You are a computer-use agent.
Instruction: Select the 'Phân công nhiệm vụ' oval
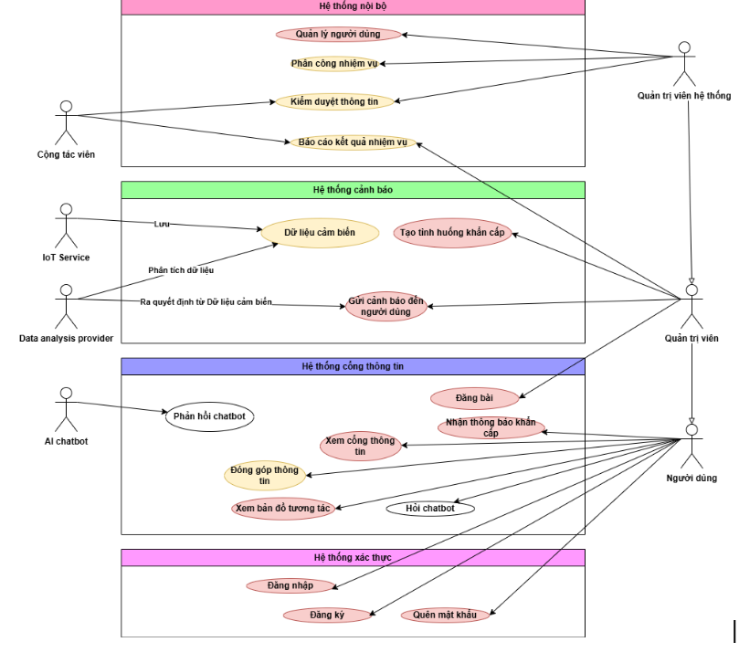pyautogui.click(x=333, y=64)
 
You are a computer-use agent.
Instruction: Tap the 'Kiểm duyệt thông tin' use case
pyautogui.click(x=334, y=101)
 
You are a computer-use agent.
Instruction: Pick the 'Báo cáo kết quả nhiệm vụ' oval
pyautogui.click(x=353, y=142)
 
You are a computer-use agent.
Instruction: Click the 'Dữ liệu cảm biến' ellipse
pyautogui.click(x=319, y=233)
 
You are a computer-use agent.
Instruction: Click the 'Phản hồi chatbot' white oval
pyautogui.click(x=208, y=416)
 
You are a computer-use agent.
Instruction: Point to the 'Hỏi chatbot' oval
pyautogui.click(x=429, y=509)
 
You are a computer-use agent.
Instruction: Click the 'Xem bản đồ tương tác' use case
pyautogui.click(x=282, y=509)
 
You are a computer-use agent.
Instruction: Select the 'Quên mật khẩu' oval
pyautogui.click(x=445, y=615)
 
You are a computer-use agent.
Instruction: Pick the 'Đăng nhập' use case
pyautogui.click(x=290, y=585)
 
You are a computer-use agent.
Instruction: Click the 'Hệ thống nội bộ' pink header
pyautogui.click(x=353, y=6)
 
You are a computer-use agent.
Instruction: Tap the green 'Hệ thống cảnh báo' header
pyautogui.click(x=353, y=190)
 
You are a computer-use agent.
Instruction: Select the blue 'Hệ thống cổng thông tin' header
pyautogui.click(x=353, y=366)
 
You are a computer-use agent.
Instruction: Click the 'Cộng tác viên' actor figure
pyautogui.click(x=65, y=123)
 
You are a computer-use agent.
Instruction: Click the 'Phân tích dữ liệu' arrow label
pyautogui.click(x=181, y=270)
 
